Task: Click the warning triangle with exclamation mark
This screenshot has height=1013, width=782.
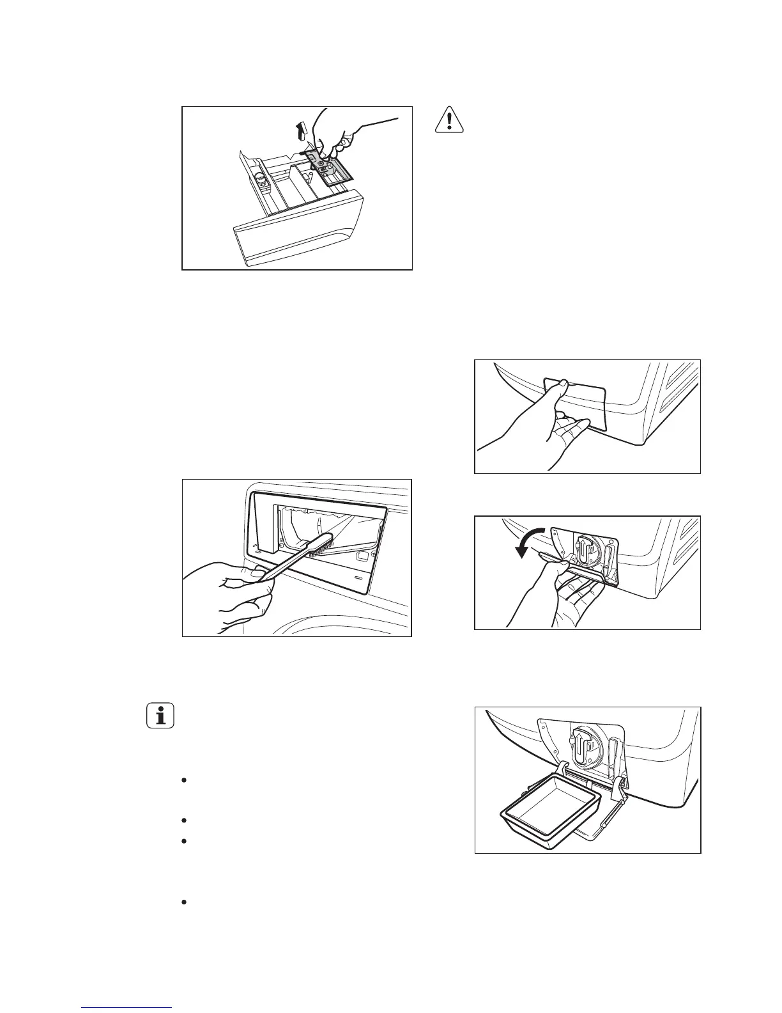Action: (x=450, y=120)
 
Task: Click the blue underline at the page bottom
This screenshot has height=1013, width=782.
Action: (x=127, y=1008)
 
